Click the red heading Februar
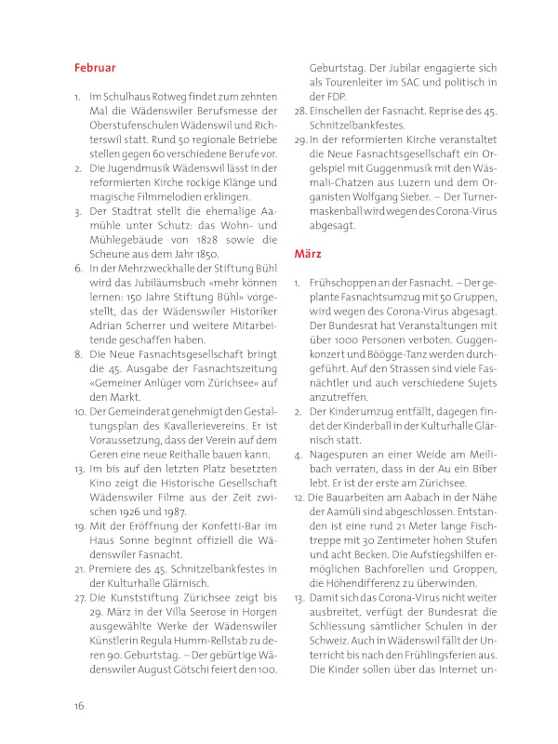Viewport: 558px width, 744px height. tap(95, 68)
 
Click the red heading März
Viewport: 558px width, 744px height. tap(307, 253)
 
